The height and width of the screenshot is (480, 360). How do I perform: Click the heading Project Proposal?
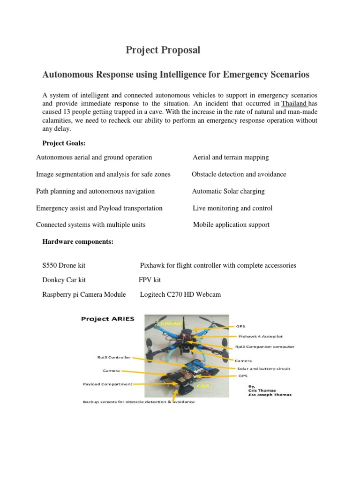[163, 50]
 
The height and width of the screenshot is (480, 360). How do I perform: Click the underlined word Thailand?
[294, 104]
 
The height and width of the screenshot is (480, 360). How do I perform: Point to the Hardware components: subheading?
[78, 241]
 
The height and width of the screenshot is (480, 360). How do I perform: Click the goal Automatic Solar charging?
[228, 191]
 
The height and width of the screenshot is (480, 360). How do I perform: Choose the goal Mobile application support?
[231, 225]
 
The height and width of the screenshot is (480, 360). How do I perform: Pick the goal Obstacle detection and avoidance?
[239, 174]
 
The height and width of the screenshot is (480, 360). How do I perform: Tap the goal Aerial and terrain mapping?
[231, 157]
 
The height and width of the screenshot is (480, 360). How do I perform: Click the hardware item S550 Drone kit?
[64, 265]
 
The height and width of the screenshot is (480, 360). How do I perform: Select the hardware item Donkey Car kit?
[64, 280]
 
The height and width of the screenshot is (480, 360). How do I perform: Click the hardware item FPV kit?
[150, 280]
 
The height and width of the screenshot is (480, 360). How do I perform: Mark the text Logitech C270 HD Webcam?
[180, 294]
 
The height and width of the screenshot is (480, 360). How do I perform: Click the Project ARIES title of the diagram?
[107, 319]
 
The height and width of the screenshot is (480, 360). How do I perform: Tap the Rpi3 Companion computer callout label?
[264, 347]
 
